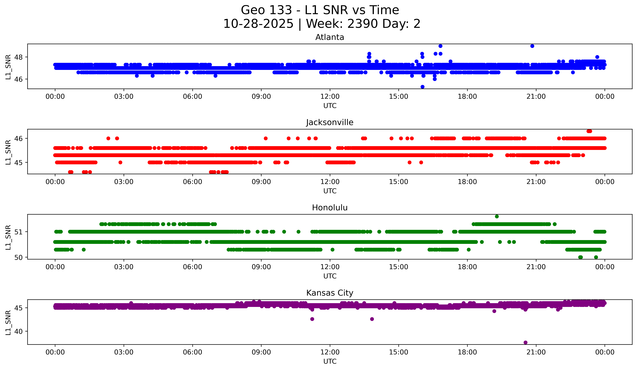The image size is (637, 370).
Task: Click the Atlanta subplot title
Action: pyautogui.click(x=330, y=37)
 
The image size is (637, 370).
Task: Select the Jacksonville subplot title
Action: pyautogui.click(x=330, y=122)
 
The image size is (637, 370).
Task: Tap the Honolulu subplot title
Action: pyautogui.click(x=330, y=208)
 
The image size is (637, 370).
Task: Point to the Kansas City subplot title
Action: pyautogui.click(x=330, y=293)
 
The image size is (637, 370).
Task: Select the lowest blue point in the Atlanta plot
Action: pyautogui.click(x=422, y=87)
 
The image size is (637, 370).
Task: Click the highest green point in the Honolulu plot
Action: pyautogui.click(x=497, y=216)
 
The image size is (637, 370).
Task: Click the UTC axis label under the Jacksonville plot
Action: pyautogui.click(x=330, y=191)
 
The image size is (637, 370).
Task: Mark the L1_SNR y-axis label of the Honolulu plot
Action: pyautogui.click(x=8, y=237)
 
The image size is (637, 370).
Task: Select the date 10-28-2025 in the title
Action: pyautogui.click(x=258, y=24)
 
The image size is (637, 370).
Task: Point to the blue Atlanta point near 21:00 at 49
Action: pyautogui.click(x=532, y=46)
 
